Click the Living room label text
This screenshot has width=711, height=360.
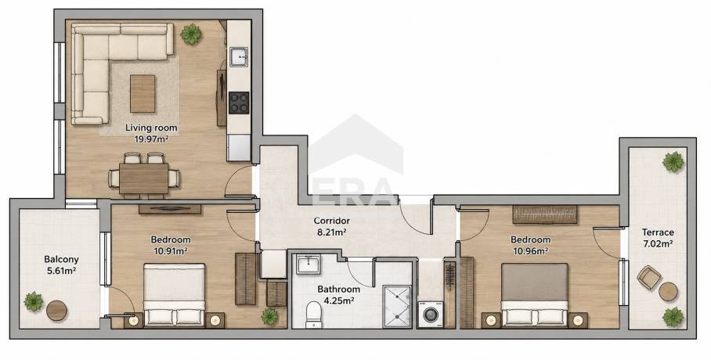(x=151, y=128)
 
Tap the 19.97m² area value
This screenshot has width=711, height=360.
(x=151, y=139)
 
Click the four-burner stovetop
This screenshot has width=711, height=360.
(x=239, y=103)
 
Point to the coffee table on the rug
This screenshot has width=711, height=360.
(x=143, y=93)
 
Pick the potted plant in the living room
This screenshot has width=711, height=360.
(x=191, y=34)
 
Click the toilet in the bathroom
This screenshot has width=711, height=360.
(x=313, y=314)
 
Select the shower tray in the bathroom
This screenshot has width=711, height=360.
(x=397, y=307)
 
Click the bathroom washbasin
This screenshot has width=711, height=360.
(x=309, y=265)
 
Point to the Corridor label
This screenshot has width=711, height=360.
(x=332, y=221)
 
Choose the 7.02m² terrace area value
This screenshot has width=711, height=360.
(x=657, y=243)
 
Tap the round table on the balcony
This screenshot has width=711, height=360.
(x=56, y=311)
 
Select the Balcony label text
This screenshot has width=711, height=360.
(x=61, y=260)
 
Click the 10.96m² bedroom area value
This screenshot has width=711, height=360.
(x=531, y=250)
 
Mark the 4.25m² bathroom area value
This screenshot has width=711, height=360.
(x=339, y=300)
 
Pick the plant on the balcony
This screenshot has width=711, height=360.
(x=34, y=301)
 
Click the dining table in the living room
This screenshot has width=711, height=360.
(x=144, y=178)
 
